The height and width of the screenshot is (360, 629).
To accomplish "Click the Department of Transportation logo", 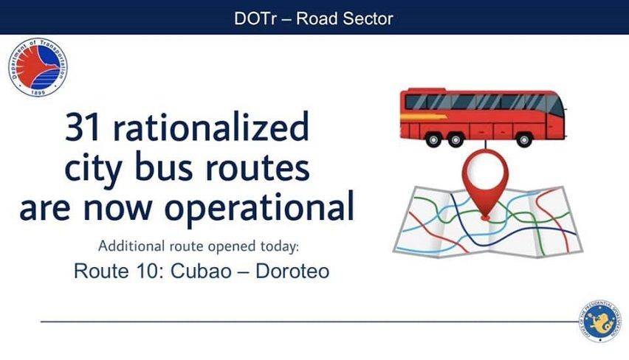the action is [38, 68].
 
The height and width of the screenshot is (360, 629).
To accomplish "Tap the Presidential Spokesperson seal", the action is [599, 322].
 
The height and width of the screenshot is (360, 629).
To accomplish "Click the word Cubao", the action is [201, 271].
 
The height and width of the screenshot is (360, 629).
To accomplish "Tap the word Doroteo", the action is [292, 271].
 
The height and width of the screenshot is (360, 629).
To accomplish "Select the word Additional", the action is [131, 246].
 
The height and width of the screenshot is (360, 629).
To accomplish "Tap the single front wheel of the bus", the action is [523, 139].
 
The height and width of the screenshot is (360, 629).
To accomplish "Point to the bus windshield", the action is [556, 105].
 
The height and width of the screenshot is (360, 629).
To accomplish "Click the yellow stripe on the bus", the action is [424, 117].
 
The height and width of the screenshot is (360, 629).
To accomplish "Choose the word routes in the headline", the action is [258, 168].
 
